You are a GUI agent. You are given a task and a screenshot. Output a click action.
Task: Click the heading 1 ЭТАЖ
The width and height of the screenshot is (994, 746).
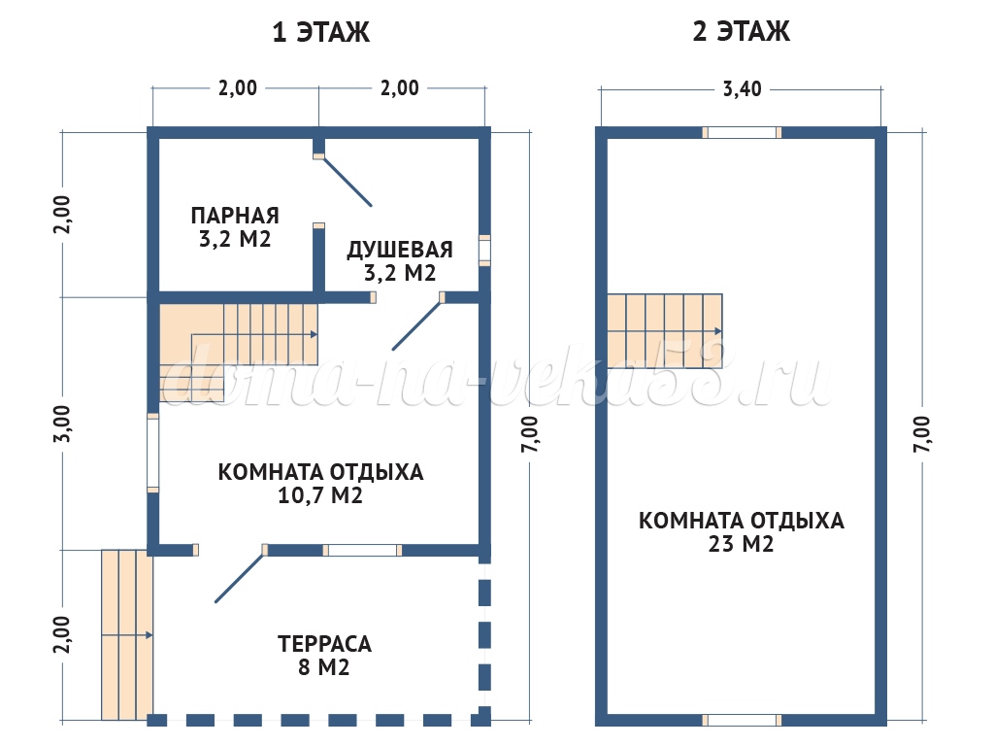[320, 32]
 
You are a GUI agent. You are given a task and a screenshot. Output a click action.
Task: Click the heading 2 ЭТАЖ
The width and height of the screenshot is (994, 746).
[741, 31]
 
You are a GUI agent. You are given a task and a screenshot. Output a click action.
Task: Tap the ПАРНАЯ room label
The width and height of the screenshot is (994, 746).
[235, 216]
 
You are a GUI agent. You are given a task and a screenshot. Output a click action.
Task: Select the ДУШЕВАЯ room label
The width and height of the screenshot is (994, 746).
[399, 250]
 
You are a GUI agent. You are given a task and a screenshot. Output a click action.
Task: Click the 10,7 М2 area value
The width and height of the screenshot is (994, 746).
[320, 495]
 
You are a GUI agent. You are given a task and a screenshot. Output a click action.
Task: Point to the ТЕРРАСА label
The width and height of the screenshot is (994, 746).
[324, 644]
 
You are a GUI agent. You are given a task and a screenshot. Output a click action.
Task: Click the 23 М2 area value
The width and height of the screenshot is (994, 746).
[741, 544]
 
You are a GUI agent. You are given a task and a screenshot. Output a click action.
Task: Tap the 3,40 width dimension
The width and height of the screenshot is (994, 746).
[742, 88]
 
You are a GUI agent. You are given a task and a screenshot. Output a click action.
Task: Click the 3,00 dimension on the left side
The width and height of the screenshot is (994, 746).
[63, 424]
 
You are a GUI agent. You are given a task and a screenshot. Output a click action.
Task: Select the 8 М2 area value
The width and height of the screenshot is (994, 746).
[324, 667]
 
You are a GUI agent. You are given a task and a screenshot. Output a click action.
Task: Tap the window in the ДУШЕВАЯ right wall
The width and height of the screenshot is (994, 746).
[484, 250]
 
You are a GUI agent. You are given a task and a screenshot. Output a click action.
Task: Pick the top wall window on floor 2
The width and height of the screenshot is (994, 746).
[742, 132]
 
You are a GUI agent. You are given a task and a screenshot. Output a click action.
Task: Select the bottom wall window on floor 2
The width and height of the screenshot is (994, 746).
[742, 720]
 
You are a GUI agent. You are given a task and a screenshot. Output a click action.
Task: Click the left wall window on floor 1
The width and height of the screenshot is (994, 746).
[152, 453]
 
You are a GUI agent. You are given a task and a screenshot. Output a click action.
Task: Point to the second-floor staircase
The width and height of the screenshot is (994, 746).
[664, 331]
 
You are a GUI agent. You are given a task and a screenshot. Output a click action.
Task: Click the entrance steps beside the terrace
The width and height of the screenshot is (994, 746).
[127, 635]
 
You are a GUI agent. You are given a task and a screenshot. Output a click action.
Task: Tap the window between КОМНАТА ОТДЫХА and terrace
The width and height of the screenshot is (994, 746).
[362, 550]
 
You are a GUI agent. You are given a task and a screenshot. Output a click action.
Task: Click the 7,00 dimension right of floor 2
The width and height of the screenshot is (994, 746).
[921, 434]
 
